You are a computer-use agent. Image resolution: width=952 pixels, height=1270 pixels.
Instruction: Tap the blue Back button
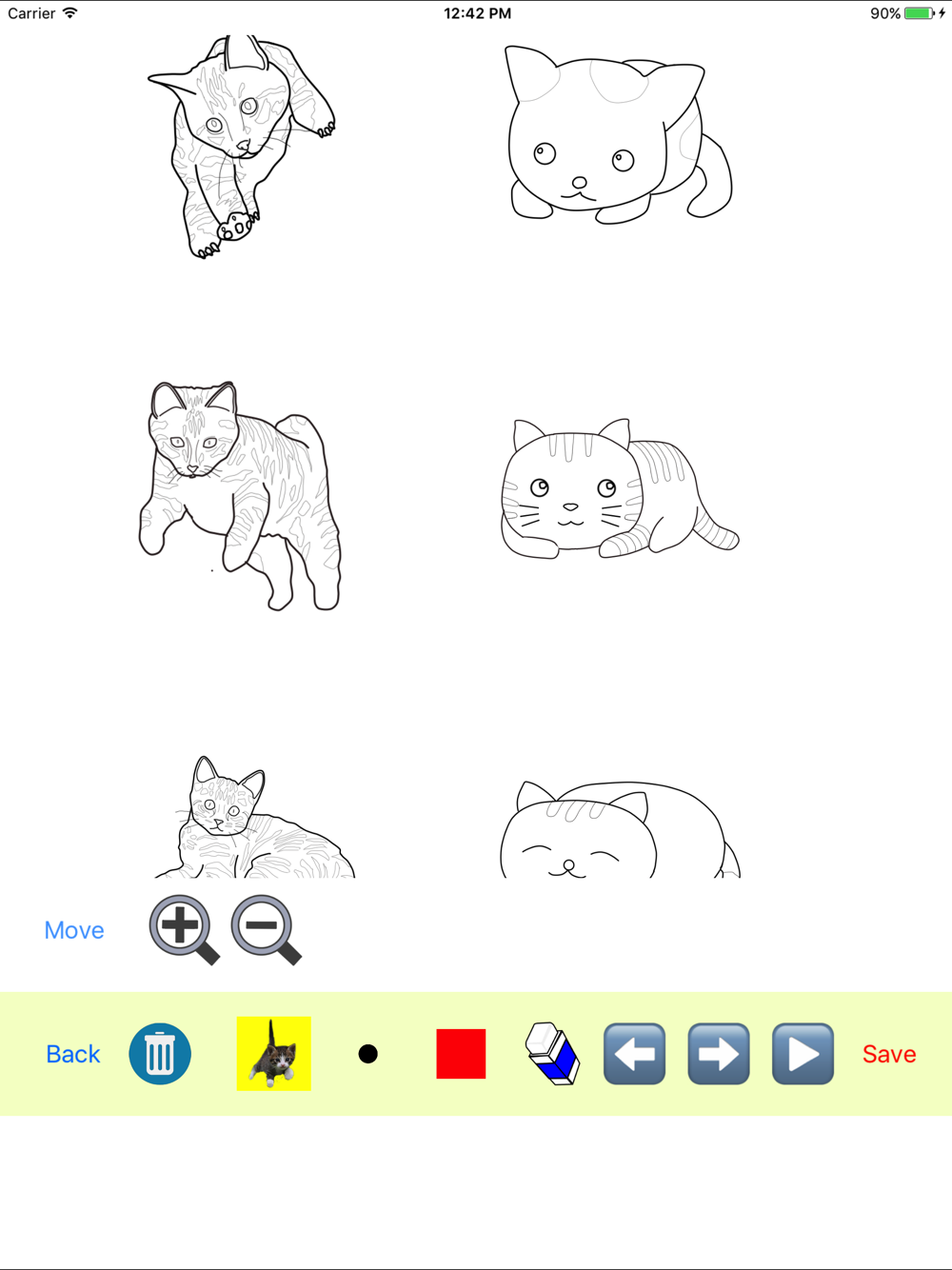pos(73,1054)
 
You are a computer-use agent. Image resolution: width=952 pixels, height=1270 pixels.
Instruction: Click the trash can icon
pos(160,1054)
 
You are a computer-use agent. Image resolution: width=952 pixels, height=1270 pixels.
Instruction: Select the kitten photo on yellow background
pos(273,1054)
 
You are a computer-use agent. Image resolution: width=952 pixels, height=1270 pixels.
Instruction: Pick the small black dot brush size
pos(367,1054)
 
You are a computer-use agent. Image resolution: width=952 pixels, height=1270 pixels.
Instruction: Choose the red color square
pos(461,1054)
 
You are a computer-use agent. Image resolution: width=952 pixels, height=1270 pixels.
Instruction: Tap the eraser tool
pos(552,1054)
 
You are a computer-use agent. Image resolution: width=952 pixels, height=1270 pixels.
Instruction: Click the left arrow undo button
pos(634,1054)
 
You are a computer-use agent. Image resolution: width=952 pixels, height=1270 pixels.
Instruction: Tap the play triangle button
pos(803,1054)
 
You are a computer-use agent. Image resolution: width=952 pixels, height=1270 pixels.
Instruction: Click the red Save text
pos(889,1054)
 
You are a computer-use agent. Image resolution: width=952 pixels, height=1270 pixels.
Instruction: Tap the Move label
pos(74,930)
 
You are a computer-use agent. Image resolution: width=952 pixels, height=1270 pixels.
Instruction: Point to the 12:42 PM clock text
pos(477,13)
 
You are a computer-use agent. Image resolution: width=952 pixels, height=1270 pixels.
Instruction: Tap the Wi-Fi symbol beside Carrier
pos(70,12)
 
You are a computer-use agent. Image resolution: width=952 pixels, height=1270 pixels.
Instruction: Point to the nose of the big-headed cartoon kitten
pos(579,183)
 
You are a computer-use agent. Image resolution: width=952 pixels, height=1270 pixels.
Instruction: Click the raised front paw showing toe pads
pos(236,226)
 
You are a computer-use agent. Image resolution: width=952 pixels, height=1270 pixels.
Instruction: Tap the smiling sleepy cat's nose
pos(568,865)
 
